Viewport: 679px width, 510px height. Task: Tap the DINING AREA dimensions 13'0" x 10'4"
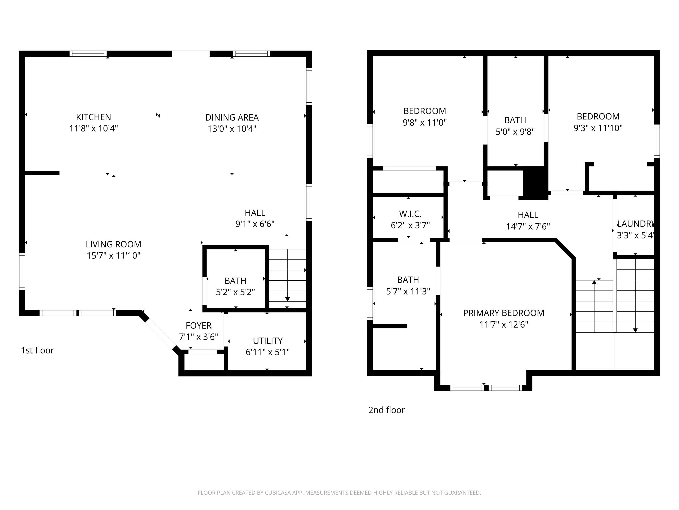point(232,129)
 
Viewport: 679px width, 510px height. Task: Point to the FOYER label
point(198,325)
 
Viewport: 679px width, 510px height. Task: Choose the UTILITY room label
point(268,341)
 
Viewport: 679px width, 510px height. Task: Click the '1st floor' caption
point(37,350)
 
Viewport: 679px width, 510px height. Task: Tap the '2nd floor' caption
point(387,410)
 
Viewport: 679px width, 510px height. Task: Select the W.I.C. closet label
point(410,214)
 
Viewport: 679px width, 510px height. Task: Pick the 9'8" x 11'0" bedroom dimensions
point(425,123)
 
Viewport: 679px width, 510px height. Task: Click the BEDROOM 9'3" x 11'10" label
point(598,117)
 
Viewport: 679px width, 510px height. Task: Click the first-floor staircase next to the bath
point(287,278)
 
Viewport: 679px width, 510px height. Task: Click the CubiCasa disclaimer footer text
point(339,493)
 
